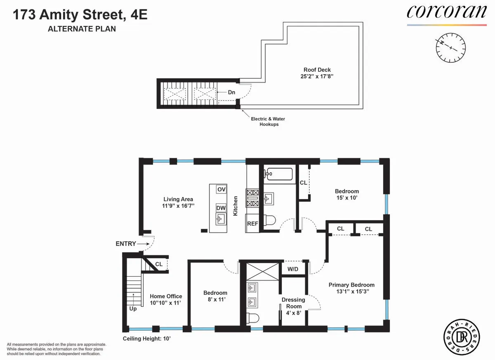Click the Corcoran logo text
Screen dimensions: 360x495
pos(447,12)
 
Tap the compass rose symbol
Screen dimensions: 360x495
pos(451,47)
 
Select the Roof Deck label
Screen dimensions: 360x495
pos(317,70)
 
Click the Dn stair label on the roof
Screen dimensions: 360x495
pos(231,92)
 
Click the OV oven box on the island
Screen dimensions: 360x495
pos(222,189)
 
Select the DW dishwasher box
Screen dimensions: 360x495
pos(221,208)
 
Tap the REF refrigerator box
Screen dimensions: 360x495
pos(252,224)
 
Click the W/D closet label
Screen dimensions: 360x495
pos(293,269)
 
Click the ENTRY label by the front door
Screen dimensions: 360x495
pos(126,244)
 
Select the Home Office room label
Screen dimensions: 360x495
pos(166,296)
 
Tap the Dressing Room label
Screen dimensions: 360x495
pos(293,303)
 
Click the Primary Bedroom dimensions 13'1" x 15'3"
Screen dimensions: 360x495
pos(351,291)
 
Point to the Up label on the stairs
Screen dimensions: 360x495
pos(133,308)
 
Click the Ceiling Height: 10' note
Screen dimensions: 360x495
pos(147,339)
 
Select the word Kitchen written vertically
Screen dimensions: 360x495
pos(236,205)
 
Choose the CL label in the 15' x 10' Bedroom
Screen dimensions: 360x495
pos(304,183)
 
